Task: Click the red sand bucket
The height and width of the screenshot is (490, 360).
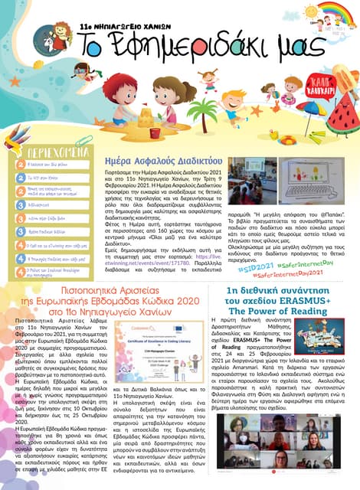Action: pyautogui.click(x=155, y=132)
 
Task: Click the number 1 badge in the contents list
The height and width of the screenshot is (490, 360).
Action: pyautogui.click(x=21, y=165)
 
